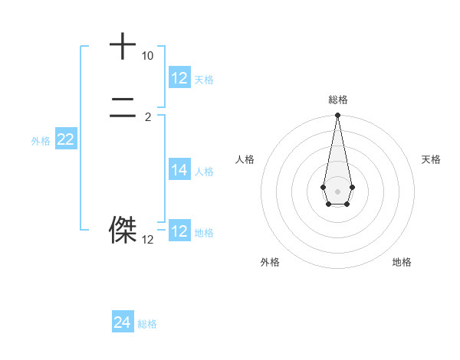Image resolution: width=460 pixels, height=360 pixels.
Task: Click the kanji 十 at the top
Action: point(123,46)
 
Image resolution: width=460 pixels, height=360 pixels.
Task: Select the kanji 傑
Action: point(123,229)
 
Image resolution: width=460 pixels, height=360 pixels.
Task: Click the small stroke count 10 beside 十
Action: point(147,56)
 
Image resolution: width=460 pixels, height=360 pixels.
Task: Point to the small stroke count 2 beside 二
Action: point(148,117)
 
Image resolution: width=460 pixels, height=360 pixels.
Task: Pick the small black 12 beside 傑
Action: point(147,240)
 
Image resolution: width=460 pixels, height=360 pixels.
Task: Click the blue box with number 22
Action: point(65,139)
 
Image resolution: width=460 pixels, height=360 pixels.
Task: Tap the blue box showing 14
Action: point(179,170)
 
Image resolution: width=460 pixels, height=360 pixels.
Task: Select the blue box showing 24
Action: point(123,322)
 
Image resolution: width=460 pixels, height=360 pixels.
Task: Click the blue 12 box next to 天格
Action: point(179,77)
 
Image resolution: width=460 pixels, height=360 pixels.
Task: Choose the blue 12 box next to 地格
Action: point(179,231)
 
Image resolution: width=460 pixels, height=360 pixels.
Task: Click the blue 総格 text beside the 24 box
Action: point(147,324)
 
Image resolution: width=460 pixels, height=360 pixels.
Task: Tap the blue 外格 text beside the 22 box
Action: point(41,141)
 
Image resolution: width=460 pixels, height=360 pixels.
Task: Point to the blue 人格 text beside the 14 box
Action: point(204,172)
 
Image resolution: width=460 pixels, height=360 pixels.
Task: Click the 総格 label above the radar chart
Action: point(337,100)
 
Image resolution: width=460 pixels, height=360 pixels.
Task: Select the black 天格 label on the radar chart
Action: point(431,159)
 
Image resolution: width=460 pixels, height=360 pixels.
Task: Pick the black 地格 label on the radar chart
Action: point(402,262)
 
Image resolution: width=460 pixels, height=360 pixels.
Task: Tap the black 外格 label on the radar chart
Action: point(270,262)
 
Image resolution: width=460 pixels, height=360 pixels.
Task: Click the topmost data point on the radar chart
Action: point(337,116)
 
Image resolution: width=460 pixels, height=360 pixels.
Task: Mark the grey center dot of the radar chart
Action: point(337,191)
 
